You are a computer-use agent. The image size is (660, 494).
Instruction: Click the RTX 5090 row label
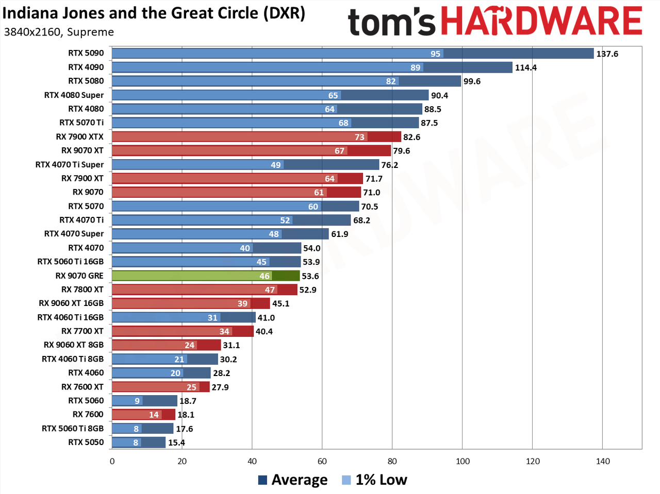[86, 53]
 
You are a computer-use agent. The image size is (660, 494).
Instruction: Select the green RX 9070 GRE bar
[206, 276]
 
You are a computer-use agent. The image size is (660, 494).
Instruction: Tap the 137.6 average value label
[607, 54]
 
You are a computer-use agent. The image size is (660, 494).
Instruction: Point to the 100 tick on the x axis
[462, 461]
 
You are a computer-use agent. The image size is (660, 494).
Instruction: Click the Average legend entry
[292, 480]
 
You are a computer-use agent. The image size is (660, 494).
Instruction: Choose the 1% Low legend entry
[374, 480]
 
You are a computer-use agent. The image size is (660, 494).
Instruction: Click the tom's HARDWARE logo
[494, 21]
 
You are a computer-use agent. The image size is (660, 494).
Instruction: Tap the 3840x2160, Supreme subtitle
[59, 32]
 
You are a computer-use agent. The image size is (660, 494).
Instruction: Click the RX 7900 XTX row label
[79, 137]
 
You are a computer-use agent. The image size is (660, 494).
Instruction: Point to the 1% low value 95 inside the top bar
[435, 54]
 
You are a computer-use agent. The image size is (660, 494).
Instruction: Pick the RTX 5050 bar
[139, 442]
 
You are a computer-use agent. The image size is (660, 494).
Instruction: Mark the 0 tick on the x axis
[112, 461]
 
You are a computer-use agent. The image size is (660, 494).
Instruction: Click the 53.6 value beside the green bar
[310, 276]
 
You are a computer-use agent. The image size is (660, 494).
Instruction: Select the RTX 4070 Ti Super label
[70, 164]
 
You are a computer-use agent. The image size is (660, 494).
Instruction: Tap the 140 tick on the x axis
[603, 461]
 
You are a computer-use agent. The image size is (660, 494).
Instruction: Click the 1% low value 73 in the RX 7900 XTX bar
[359, 137]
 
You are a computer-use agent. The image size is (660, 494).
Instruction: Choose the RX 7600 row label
[88, 415]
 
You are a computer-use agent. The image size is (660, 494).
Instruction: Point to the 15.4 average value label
[176, 442]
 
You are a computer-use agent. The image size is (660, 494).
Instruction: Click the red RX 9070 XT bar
[252, 151]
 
